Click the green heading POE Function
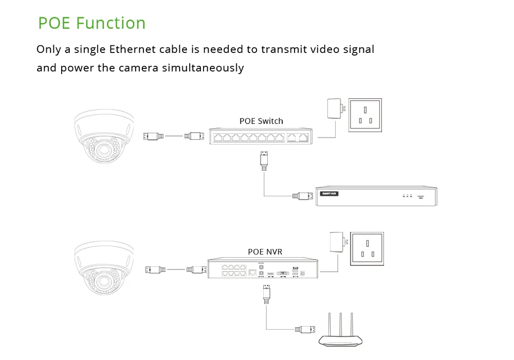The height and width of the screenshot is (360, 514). point(92,23)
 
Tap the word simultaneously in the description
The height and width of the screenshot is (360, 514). point(203,68)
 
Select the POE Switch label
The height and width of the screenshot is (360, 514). point(261,121)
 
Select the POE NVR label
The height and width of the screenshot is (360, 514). point(265,251)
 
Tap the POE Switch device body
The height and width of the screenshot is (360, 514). point(259,137)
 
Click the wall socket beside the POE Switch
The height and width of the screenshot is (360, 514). point(365,115)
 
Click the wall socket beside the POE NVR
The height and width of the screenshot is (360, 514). point(367,249)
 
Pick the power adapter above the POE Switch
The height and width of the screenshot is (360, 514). point(334,109)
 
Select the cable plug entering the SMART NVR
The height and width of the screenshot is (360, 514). point(303,195)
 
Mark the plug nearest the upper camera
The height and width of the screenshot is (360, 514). point(153,136)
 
